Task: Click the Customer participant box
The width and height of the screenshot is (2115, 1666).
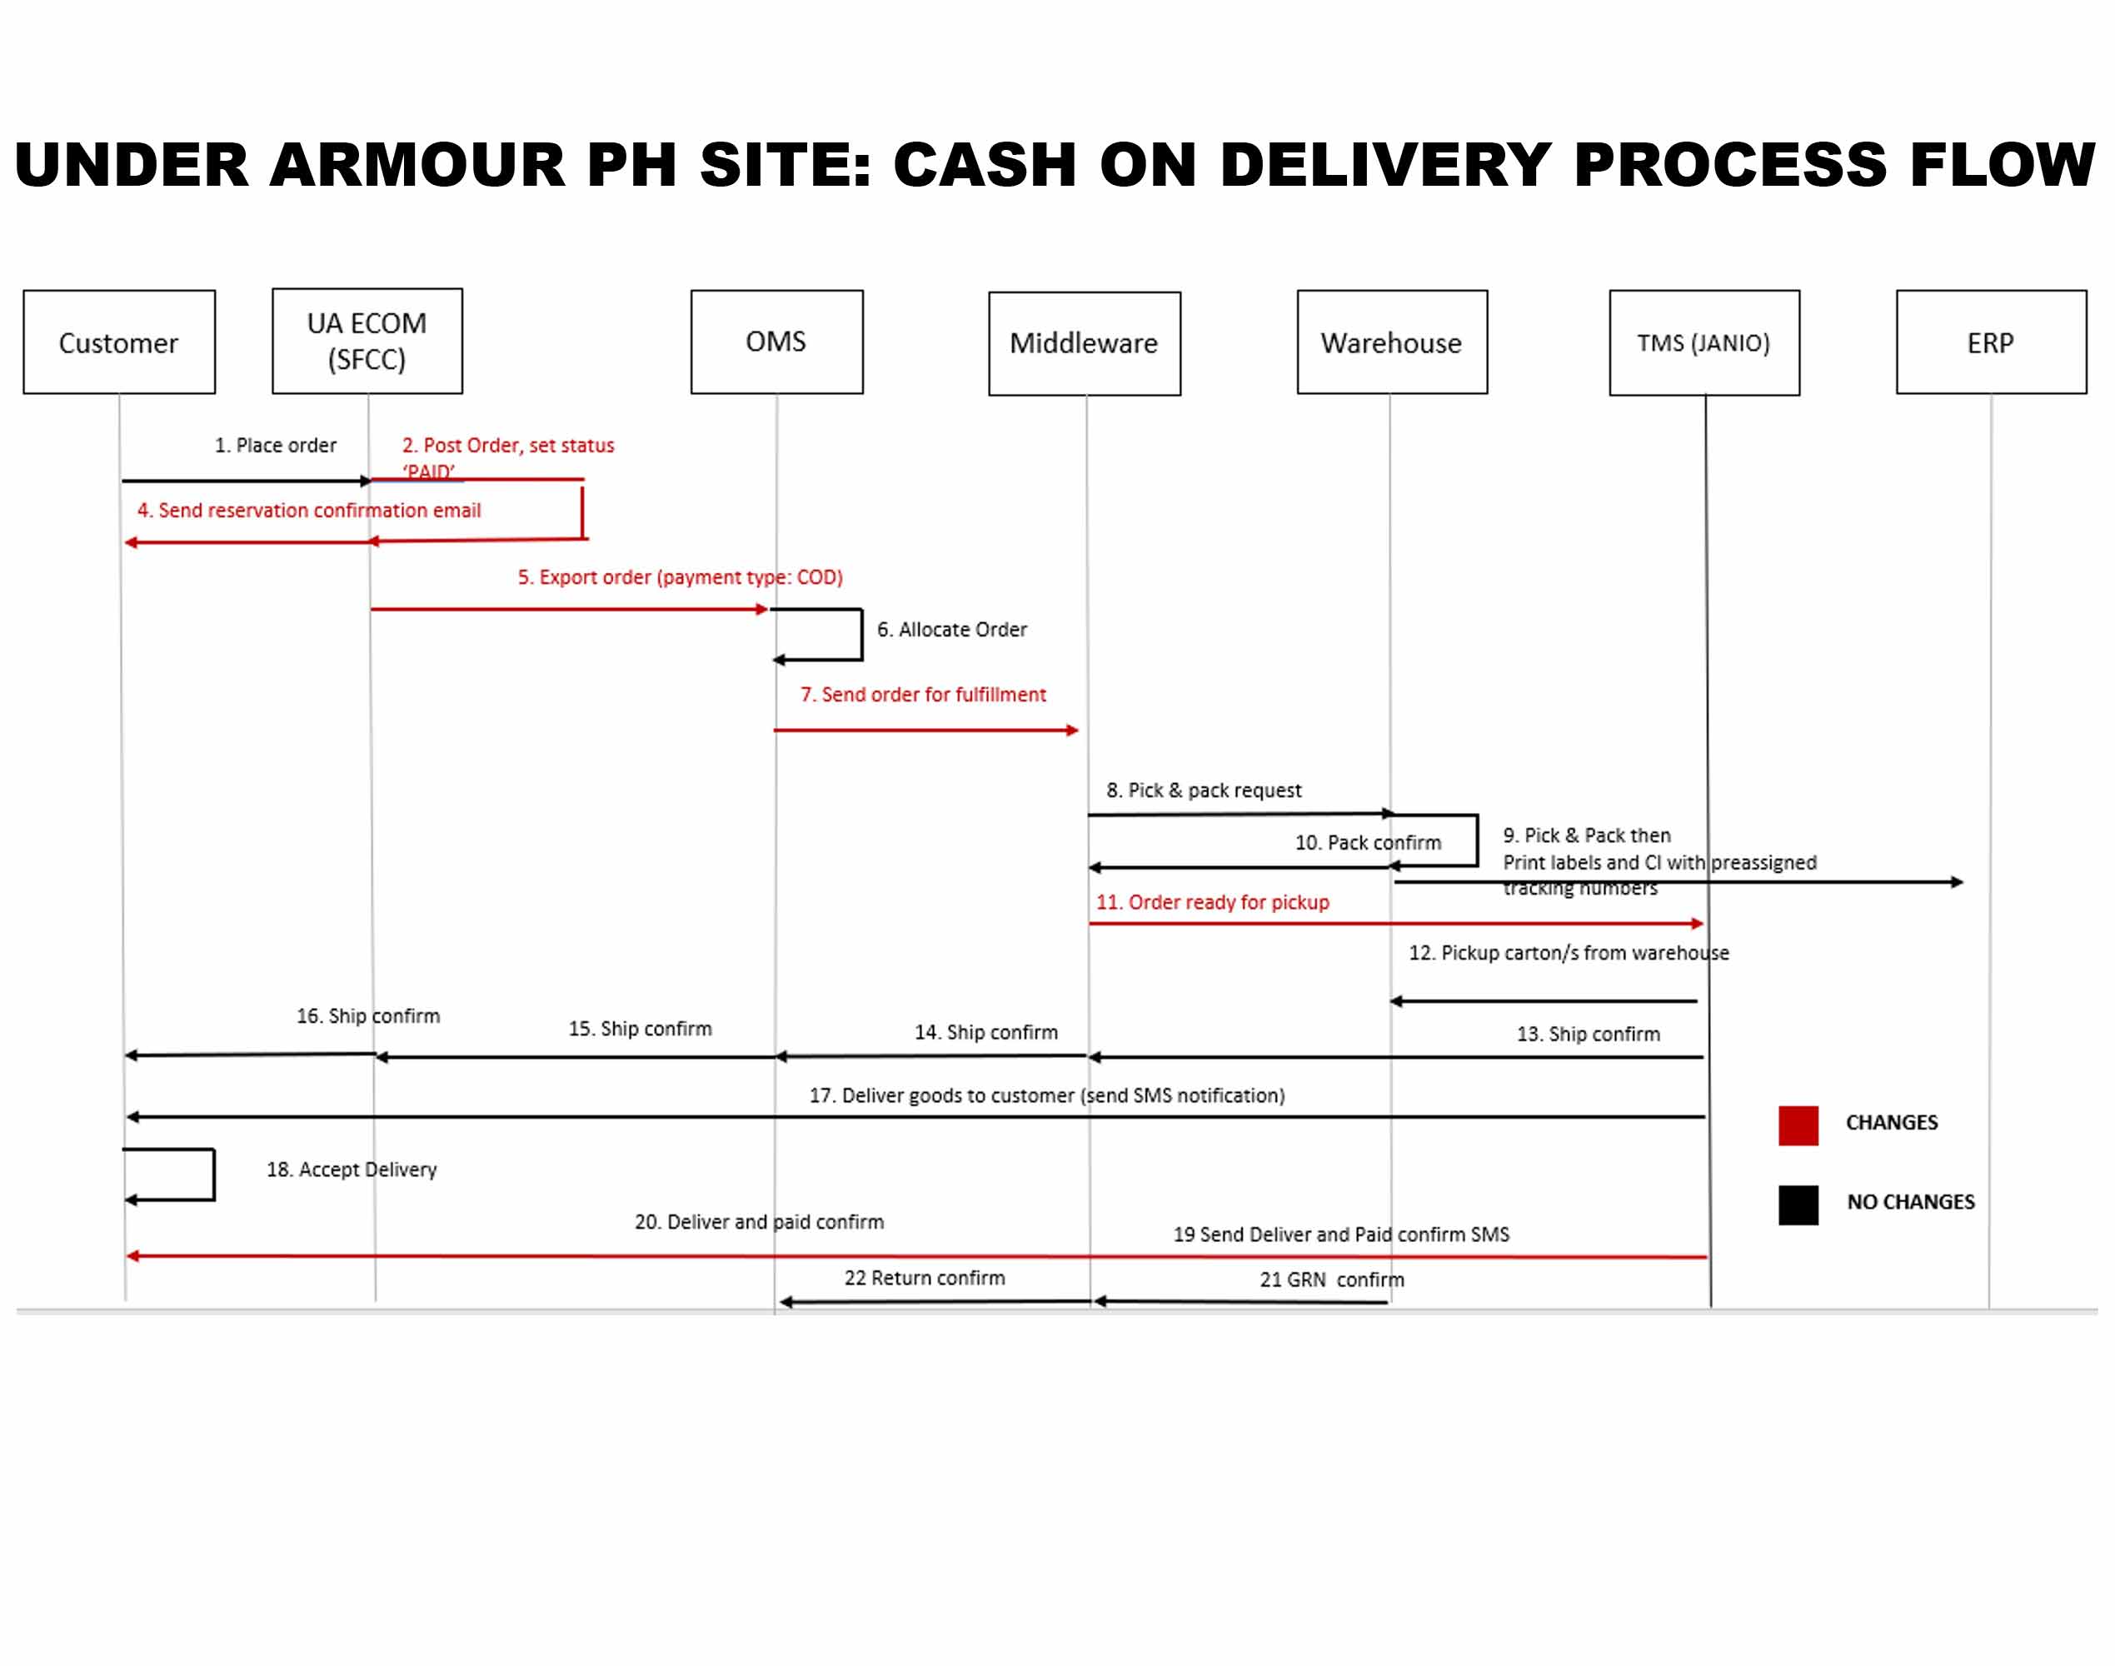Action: click(119, 342)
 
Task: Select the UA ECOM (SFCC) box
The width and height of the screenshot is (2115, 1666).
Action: click(367, 342)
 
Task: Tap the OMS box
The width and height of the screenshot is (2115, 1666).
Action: click(776, 342)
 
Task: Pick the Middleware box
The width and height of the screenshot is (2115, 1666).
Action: click(1084, 343)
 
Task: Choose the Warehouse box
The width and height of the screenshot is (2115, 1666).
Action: click(1391, 342)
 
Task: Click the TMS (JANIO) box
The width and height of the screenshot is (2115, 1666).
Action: click(1703, 342)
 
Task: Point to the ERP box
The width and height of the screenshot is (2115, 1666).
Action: click(1990, 342)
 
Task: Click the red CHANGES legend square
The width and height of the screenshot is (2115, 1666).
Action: click(1798, 1125)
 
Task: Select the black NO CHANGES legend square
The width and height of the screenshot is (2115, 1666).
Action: click(1798, 1205)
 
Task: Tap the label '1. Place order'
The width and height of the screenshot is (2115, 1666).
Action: click(275, 446)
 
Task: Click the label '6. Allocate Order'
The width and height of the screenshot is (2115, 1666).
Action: click(951, 630)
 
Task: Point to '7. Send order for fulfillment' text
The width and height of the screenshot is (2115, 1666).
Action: click(923, 695)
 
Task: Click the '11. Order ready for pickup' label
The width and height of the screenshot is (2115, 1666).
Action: click(1212, 902)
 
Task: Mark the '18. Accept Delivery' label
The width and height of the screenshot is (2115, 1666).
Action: click(352, 1170)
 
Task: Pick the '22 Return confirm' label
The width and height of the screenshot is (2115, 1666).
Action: click(924, 1278)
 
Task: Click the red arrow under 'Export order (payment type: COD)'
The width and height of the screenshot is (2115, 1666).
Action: click(569, 610)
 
